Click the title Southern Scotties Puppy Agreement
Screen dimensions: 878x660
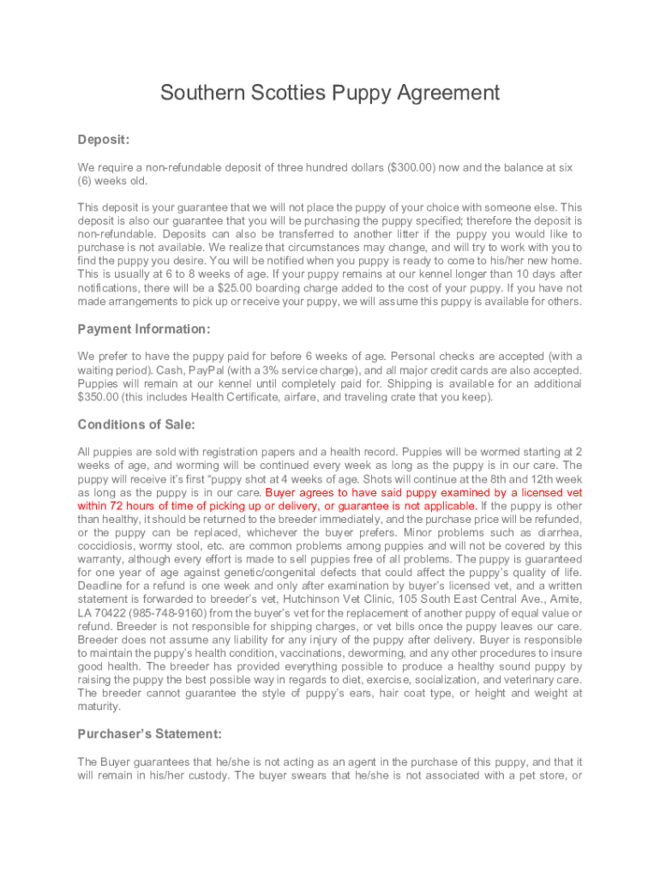point(329,93)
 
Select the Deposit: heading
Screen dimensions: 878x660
point(104,139)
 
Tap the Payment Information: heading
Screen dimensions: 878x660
point(144,329)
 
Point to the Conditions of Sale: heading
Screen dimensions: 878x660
point(136,424)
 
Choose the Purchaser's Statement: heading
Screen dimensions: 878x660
point(150,734)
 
